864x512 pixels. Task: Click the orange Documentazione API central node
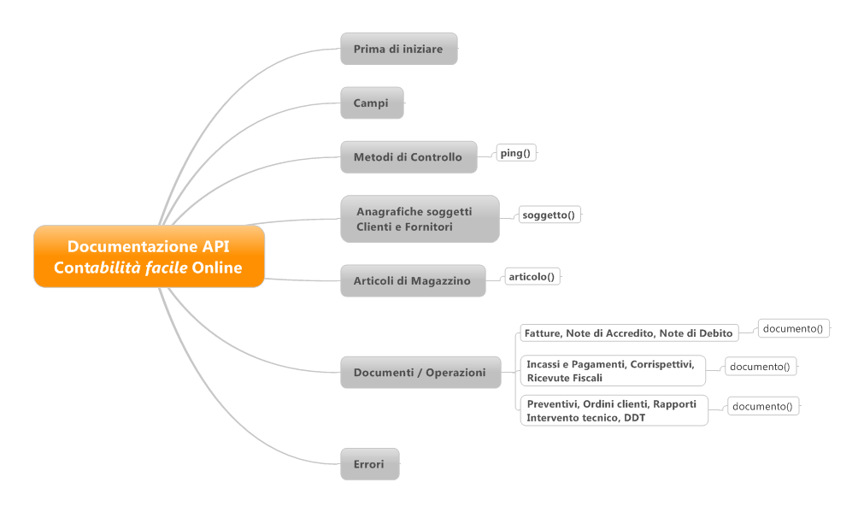coord(149,256)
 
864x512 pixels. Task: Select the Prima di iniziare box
coord(399,49)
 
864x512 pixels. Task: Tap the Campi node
coord(372,103)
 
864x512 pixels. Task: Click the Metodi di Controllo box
coord(408,157)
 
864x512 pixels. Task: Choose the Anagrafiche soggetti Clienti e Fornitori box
coord(420,219)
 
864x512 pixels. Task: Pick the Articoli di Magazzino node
coord(414,280)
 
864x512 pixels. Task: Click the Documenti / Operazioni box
coord(420,373)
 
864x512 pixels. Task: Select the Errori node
coord(370,464)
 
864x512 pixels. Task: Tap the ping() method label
coord(516,153)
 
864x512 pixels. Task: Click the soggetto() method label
coord(549,215)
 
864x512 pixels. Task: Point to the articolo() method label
coord(532,276)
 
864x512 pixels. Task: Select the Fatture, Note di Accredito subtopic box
coord(629,333)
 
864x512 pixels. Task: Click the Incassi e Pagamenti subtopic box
coord(613,370)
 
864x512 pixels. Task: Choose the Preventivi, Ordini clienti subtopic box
coord(614,410)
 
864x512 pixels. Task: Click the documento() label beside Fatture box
coord(793,328)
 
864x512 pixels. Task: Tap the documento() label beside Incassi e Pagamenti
coord(761,367)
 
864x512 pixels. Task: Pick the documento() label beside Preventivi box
coord(762,406)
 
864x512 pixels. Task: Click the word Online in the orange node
coord(217,268)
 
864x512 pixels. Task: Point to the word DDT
coord(635,418)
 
